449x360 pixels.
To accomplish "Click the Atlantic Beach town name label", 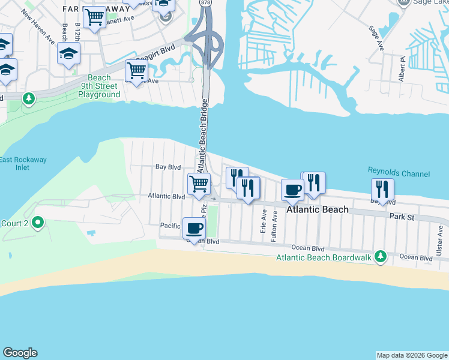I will pyautogui.click(x=318, y=209).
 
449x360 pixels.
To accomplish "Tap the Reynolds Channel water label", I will pyautogui.click(x=399, y=174).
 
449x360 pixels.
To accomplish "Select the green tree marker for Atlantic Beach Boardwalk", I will pyautogui.click(x=380, y=257).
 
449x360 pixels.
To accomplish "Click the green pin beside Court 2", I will pyautogui.click(x=38, y=224).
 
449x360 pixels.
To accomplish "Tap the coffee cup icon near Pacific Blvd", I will pyautogui.click(x=194, y=229).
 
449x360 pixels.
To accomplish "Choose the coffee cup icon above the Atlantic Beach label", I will pyautogui.click(x=292, y=190).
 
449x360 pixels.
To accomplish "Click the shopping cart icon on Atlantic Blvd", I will pyautogui.click(x=199, y=183).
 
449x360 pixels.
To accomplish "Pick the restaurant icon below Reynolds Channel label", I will pyautogui.click(x=382, y=189).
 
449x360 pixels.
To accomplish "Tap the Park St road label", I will pyautogui.click(x=402, y=216).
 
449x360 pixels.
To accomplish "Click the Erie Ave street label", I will pyautogui.click(x=263, y=221).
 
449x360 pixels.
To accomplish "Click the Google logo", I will pyautogui.click(x=20, y=353).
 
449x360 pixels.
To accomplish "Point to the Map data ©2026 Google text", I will pyautogui.click(x=412, y=355).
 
